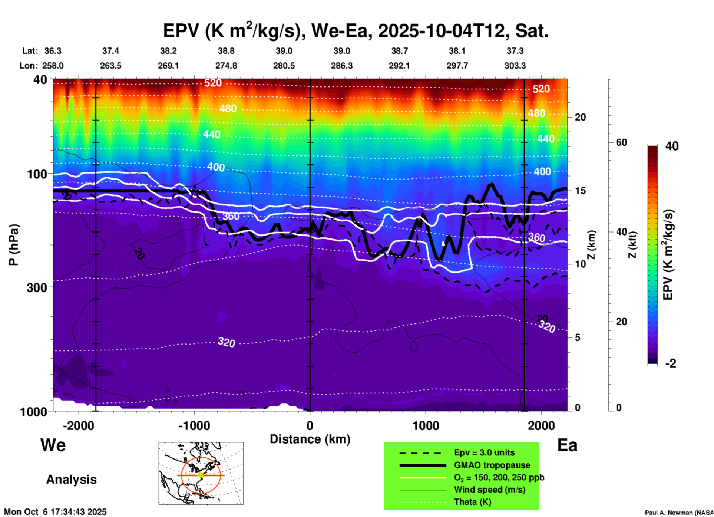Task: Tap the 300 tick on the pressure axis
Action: [37, 287]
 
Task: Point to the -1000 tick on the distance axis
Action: [194, 425]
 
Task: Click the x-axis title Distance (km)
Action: [310, 439]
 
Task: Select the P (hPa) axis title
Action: [14, 245]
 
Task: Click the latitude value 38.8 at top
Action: [226, 51]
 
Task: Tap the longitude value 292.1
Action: [399, 66]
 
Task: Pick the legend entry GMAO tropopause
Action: [492, 465]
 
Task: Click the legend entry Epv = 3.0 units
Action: [484, 453]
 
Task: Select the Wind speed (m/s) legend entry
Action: [489, 490]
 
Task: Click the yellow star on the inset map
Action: [201, 475]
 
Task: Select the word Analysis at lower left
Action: [71, 480]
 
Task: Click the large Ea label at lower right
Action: [567, 445]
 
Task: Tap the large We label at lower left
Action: [53, 445]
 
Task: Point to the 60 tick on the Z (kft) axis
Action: [621, 142]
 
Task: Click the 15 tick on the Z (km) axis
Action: [580, 191]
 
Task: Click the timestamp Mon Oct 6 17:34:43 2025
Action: [55, 512]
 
